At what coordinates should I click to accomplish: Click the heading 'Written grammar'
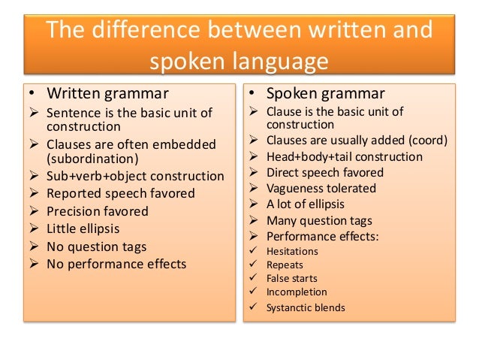(x=107, y=94)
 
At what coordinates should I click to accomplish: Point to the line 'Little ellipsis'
(x=83, y=228)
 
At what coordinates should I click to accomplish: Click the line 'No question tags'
(x=96, y=247)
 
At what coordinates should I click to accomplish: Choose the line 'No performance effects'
(x=116, y=264)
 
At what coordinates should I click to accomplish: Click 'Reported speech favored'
(x=120, y=193)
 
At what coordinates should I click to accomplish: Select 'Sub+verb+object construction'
(x=135, y=176)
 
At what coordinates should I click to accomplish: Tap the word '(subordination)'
(x=94, y=159)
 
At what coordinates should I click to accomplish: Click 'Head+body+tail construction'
(x=344, y=156)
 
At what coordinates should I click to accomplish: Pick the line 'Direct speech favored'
(x=324, y=172)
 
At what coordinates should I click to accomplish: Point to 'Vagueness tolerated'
(x=321, y=189)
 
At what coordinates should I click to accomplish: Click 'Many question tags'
(x=319, y=221)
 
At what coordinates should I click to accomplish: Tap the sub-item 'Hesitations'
(x=292, y=252)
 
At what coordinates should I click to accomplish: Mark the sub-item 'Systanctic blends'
(x=306, y=307)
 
